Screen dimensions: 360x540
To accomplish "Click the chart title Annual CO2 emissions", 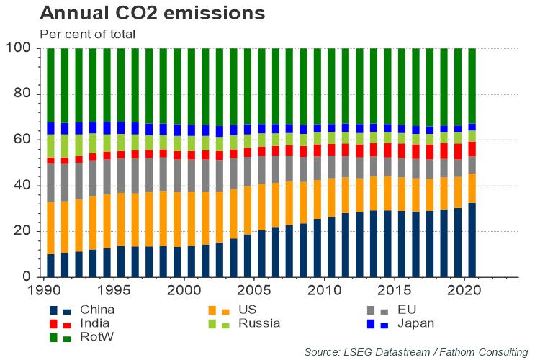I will [152, 13].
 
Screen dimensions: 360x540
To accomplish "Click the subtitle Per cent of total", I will [87, 33].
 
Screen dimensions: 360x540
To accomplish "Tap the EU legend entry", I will [407, 310].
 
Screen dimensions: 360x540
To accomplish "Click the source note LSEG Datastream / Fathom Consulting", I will [415, 351].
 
